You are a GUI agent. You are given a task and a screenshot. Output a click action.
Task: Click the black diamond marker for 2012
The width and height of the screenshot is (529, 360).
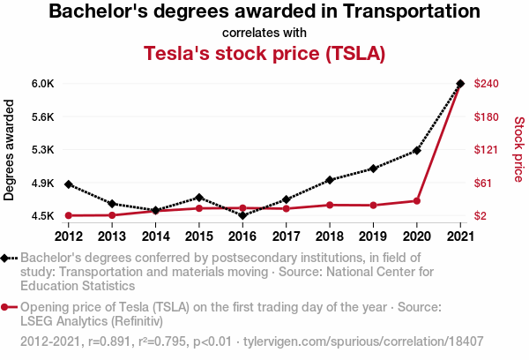tap(68, 184)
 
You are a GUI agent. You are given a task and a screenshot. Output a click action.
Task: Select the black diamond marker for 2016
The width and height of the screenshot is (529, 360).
tap(242, 215)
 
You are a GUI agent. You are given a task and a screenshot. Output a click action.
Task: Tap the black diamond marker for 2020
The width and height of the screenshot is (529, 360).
tap(416, 150)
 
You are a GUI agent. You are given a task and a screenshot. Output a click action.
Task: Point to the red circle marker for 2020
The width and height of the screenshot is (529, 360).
tap(416, 201)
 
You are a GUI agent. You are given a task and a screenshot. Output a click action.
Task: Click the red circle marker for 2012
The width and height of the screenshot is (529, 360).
tap(68, 215)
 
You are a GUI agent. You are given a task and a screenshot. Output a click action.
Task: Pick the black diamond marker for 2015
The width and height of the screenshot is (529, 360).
tap(199, 197)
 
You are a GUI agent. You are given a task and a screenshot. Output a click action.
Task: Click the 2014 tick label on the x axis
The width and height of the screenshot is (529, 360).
tap(155, 236)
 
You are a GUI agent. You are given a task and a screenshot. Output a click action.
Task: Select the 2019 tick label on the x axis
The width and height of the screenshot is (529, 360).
tap(373, 236)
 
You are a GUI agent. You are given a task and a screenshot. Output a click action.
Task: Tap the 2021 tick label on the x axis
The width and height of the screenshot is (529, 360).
tap(460, 236)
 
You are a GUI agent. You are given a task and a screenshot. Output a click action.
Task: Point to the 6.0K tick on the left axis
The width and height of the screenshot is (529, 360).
tap(43, 84)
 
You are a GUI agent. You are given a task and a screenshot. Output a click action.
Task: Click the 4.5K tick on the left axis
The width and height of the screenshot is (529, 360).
tap(43, 216)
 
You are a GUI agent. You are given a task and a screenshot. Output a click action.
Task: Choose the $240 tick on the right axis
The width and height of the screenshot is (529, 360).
tap(487, 84)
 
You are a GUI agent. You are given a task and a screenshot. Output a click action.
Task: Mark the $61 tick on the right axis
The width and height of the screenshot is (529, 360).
tap(484, 183)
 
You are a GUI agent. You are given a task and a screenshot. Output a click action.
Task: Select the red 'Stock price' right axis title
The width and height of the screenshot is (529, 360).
tap(518, 150)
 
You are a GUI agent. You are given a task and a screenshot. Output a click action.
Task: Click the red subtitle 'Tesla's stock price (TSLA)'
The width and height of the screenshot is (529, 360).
tap(264, 52)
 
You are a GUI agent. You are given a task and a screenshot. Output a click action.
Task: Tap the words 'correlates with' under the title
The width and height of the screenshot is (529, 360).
tap(264, 32)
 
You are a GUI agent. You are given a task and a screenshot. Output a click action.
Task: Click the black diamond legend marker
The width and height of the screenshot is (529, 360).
tap(7, 258)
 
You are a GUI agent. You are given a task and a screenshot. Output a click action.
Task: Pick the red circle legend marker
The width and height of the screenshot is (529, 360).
tap(7, 307)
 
